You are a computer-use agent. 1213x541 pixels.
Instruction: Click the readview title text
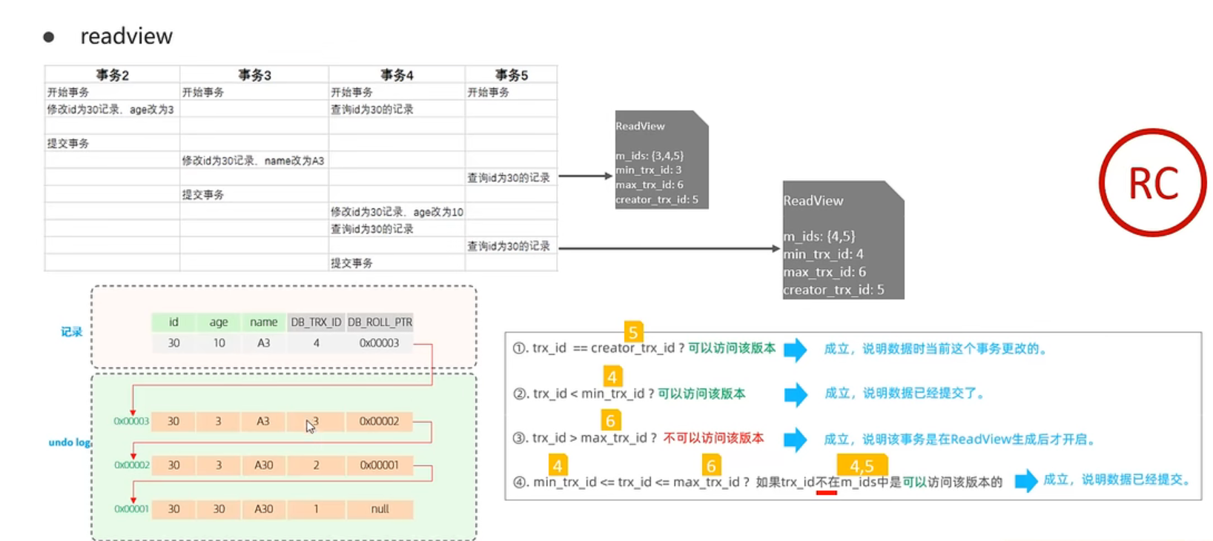[x=126, y=36]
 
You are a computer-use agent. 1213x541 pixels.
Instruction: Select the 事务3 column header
[x=254, y=75]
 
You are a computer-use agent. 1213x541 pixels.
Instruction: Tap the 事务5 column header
[x=511, y=75]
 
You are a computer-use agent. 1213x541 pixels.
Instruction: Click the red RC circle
[x=1152, y=183]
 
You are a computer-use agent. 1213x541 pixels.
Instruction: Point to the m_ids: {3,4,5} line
[x=650, y=156]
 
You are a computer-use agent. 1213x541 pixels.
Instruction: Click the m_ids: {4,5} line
[x=819, y=236]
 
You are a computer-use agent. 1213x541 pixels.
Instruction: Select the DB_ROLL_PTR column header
[x=380, y=322]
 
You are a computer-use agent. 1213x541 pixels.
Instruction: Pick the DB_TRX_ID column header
[x=316, y=322]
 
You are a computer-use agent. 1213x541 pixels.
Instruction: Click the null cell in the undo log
[x=380, y=509]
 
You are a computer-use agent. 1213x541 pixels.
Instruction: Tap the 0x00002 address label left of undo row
[x=131, y=465]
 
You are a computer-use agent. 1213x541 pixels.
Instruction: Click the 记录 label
[x=71, y=332]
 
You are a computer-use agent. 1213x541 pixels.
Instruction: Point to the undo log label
[x=69, y=442]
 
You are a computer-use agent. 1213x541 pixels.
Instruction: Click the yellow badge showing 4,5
[x=862, y=465]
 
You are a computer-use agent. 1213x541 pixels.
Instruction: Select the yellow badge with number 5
[x=632, y=332]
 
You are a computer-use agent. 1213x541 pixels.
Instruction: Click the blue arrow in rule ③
[x=796, y=439]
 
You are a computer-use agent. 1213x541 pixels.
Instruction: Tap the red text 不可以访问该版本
[x=713, y=438]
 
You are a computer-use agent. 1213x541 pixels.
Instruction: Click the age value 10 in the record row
[x=219, y=343]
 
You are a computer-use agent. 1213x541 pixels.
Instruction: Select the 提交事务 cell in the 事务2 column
[x=68, y=143]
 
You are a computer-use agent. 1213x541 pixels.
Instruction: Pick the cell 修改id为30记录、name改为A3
[x=254, y=161]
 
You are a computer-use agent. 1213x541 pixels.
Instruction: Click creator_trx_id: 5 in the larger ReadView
[x=833, y=290]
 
